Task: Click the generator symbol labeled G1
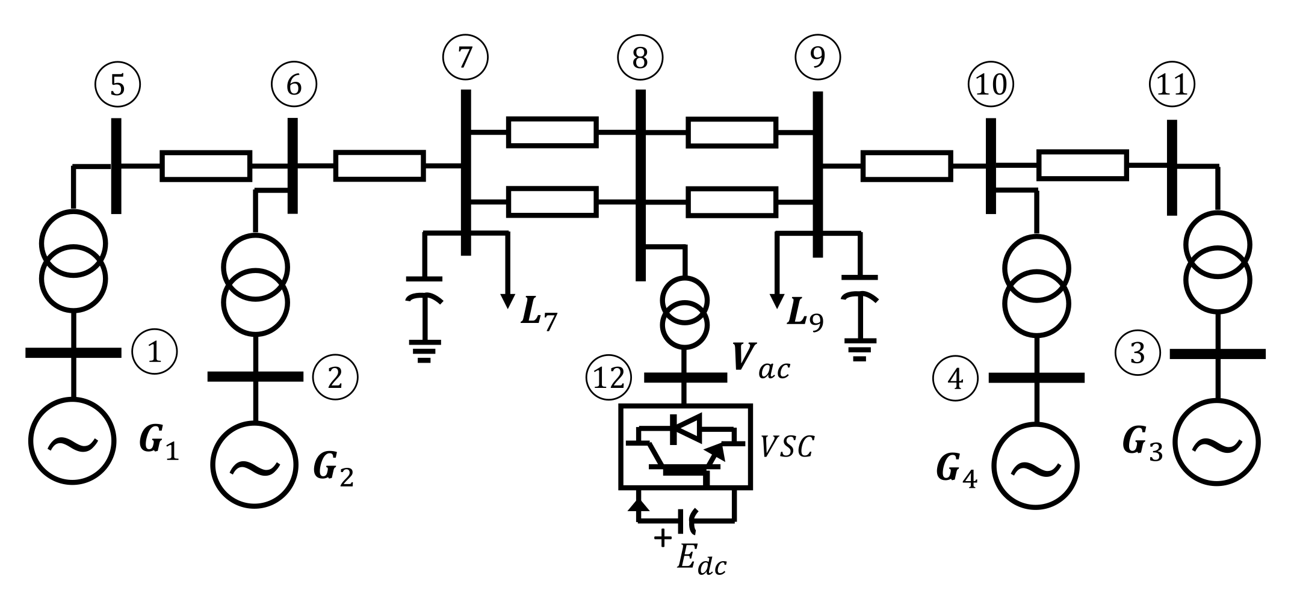pos(73,441)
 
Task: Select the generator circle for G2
pos(256,466)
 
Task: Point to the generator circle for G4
pos(1036,467)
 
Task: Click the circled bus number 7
pos(465,57)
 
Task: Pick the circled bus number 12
pos(608,379)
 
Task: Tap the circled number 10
pos(991,85)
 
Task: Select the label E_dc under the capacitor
pos(701,560)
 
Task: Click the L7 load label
pos(539,317)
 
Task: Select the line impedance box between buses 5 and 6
pos(205,166)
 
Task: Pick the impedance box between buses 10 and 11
pos(1083,165)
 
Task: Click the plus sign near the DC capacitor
pos(662,537)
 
